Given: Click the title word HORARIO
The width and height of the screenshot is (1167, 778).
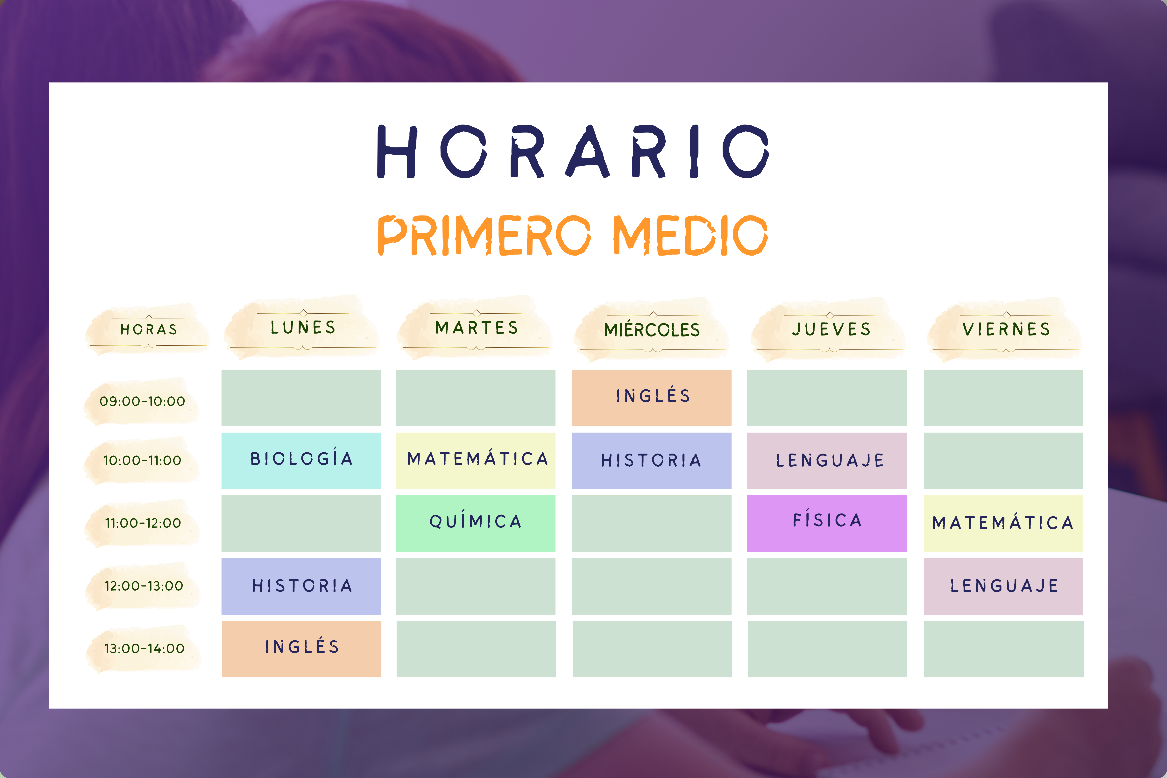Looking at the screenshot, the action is click(573, 151).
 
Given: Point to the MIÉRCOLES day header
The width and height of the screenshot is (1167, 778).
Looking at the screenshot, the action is click(651, 329).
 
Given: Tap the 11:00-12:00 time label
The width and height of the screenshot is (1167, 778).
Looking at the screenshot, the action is click(143, 523).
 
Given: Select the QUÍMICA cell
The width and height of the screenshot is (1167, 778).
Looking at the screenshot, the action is click(475, 523).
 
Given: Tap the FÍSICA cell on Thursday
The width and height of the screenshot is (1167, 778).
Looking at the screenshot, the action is click(827, 523).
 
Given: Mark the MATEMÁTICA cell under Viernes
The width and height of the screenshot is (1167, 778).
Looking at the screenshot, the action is click(1003, 523).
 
